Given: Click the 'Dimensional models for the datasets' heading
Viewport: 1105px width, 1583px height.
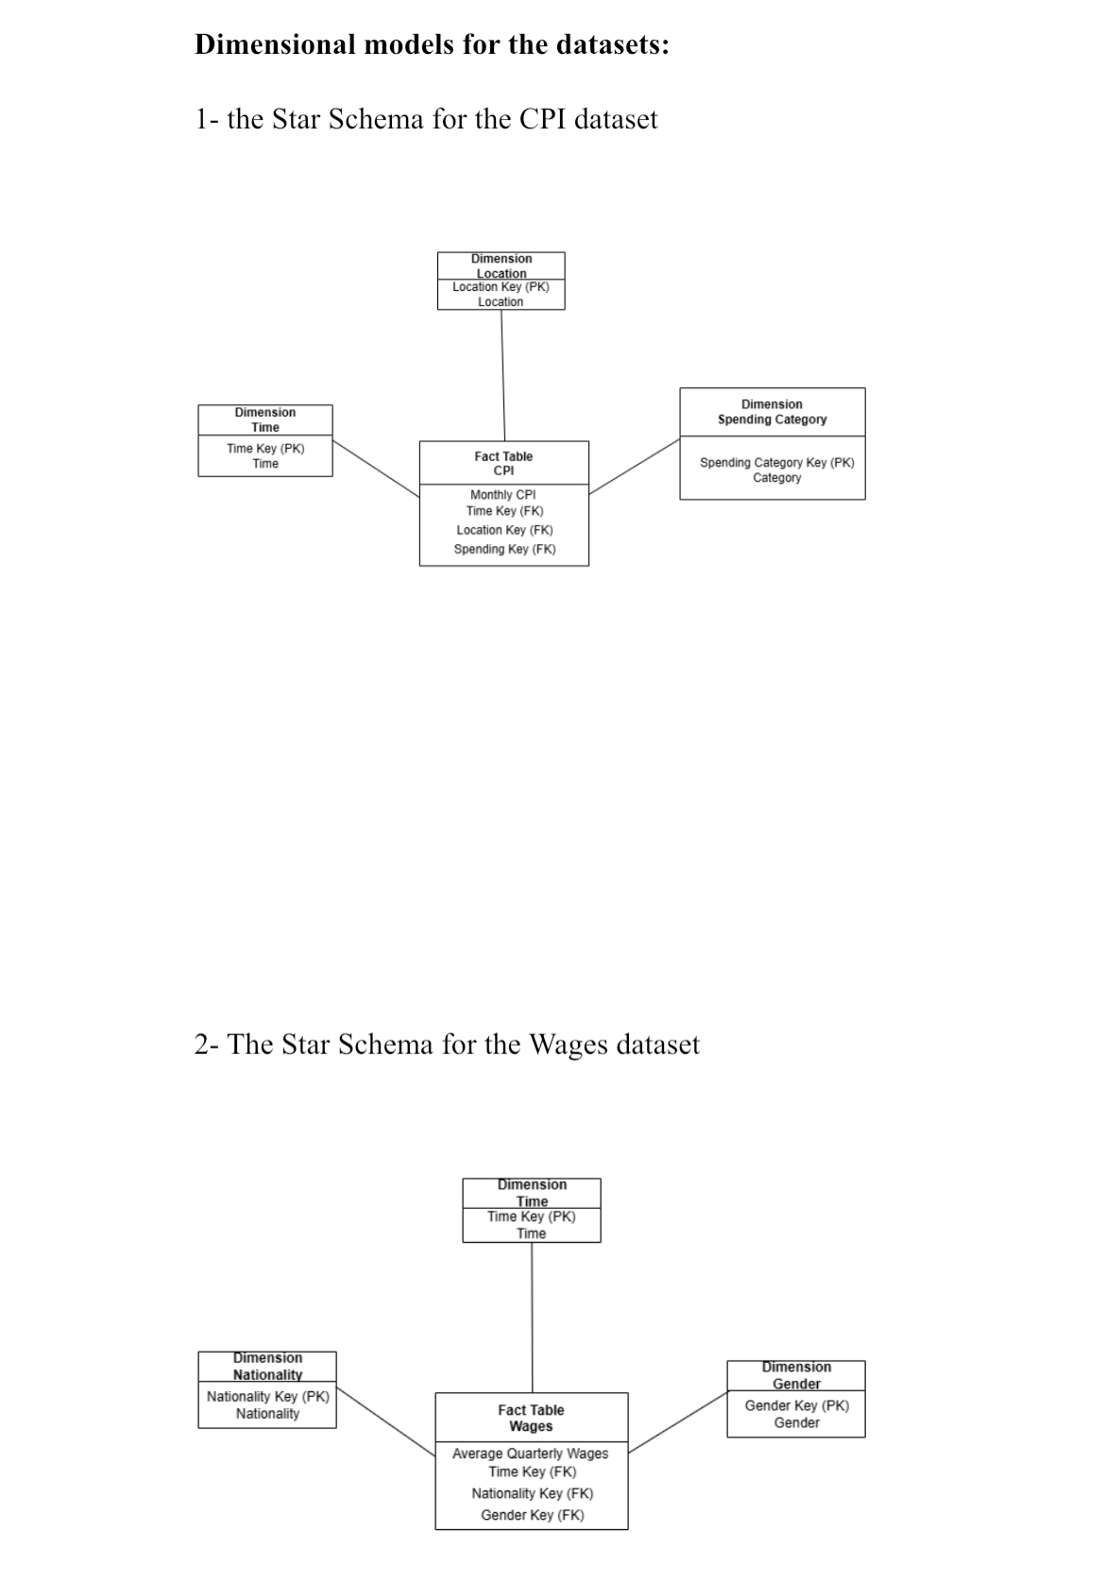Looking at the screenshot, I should coord(432,44).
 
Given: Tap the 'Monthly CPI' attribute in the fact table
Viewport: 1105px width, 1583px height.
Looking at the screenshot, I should coord(502,495).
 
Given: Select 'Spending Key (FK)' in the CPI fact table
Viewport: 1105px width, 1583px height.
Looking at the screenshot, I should coord(504,549).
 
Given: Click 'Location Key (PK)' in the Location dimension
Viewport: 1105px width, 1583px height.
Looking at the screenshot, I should coord(501,287).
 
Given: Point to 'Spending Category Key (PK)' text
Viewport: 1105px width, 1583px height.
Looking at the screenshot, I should coord(776,463).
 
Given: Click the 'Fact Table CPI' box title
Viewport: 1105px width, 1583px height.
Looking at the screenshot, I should coord(503,463).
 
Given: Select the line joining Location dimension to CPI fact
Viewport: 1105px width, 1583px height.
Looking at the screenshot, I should coord(502,375).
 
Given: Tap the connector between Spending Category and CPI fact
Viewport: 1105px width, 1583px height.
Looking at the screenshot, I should coord(635,466).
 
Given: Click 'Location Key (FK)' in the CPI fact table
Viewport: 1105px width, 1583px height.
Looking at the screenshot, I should coord(504,530).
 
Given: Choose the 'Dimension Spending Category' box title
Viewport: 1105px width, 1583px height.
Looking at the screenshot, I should coord(772,412).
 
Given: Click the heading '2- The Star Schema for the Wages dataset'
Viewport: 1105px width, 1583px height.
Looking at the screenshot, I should coord(447,1045).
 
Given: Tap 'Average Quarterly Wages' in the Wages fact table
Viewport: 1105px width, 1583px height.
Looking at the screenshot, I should coord(530,1454).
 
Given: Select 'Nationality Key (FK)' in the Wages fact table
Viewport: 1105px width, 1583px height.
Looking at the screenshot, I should coord(532,1493).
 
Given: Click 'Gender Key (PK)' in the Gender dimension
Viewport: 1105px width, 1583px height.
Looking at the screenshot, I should coord(796,1405).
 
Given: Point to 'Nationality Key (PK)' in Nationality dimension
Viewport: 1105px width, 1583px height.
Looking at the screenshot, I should coord(267,1396).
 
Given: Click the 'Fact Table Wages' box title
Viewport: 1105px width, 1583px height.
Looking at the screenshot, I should coord(531,1418).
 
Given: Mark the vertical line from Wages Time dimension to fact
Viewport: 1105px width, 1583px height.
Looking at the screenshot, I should coord(532,1318).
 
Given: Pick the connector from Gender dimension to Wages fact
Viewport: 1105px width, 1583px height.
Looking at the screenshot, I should coord(678,1421).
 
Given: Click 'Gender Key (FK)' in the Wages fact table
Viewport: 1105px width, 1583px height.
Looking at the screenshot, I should coord(532,1515).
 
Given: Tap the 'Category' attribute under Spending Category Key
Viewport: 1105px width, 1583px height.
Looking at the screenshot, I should coord(776,478).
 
